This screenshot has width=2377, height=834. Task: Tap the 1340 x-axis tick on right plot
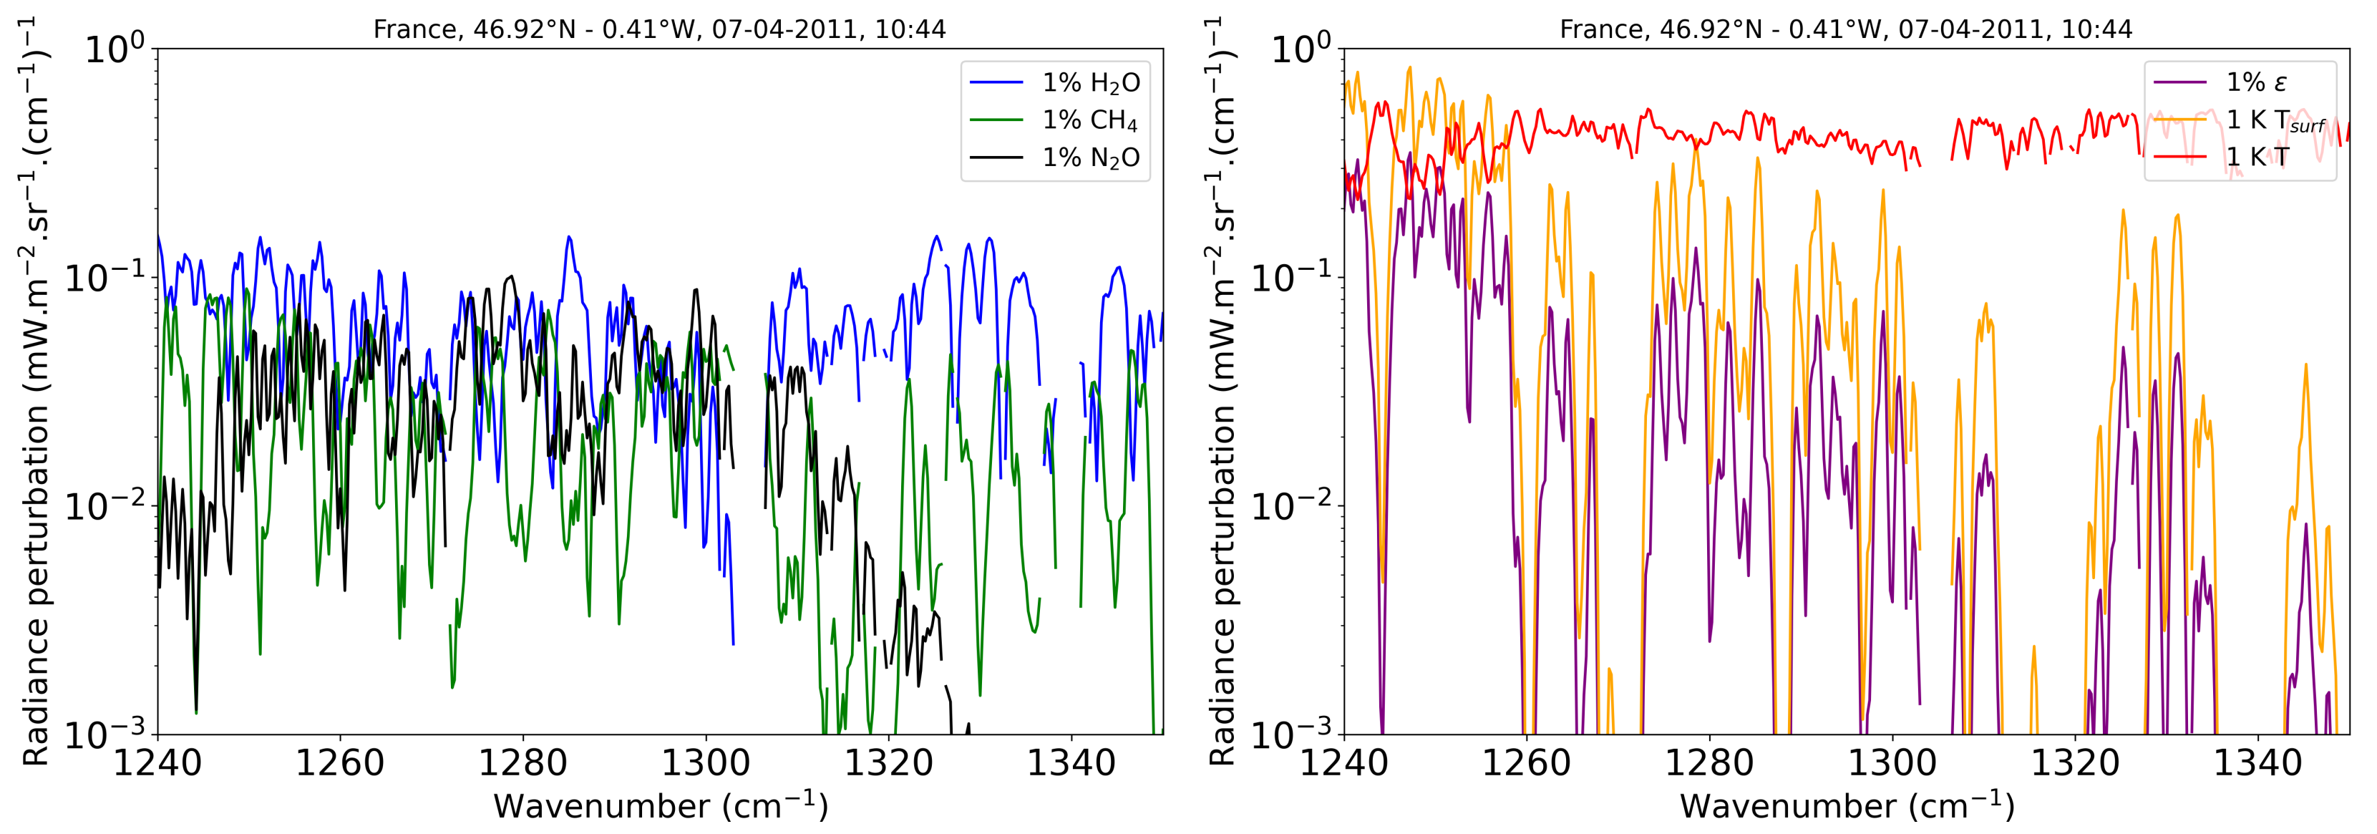[2258, 764]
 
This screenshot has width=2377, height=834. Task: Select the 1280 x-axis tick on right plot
[1710, 764]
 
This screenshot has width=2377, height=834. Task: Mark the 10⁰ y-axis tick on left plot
[115, 48]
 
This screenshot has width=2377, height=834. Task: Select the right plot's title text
[1845, 29]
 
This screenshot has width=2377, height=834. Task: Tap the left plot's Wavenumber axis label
[661, 805]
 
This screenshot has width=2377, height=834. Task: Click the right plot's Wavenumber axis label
[1847, 805]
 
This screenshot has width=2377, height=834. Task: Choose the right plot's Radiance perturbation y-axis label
[1223, 392]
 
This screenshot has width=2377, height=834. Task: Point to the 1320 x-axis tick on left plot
[889, 764]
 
